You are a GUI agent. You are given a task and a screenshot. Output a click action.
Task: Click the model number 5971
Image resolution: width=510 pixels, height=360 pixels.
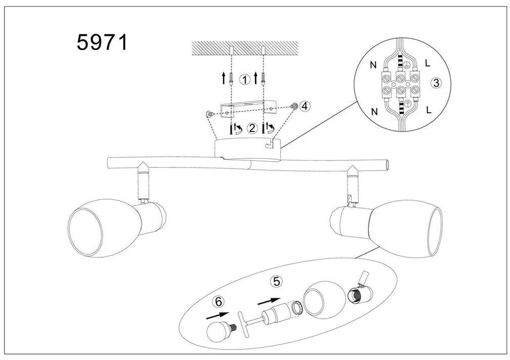pyautogui.click(x=102, y=42)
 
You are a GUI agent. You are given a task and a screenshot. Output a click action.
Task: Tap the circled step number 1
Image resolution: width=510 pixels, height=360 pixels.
pyautogui.click(x=244, y=79)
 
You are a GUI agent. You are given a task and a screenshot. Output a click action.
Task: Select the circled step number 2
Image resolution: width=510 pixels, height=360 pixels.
pyautogui.click(x=252, y=128)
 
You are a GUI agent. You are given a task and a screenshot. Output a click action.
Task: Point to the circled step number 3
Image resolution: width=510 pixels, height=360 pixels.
pyautogui.click(x=436, y=83)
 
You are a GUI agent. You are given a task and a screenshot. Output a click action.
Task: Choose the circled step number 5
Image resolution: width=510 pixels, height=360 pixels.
pyautogui.click(x=276, y=281)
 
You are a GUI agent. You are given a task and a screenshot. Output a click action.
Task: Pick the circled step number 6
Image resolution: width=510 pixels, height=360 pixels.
pyautogui.click(x=219, y=301)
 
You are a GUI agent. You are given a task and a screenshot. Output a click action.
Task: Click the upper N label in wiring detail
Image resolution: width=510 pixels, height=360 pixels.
pyautogui.click(x=373, y=65)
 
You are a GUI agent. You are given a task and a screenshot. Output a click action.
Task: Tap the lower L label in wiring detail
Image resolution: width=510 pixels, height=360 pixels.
pyautogui.click(x=429, y=110)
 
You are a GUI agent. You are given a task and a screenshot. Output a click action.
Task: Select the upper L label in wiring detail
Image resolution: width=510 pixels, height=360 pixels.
pyautogui.click(x=428, y=63)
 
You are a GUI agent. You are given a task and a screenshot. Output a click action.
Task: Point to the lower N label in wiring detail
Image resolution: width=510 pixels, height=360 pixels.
pyautogui.click(x=375, y=112)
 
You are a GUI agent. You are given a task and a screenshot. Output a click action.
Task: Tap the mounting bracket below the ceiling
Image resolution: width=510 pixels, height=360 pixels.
pyautogui.click(x=248, y=109)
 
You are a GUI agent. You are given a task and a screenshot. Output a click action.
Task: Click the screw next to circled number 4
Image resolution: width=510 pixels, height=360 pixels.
pyautogui.click(x=294, y=106)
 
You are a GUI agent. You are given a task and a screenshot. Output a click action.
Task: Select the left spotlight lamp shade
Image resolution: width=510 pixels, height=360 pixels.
pyautogui.click(x=105, y=224)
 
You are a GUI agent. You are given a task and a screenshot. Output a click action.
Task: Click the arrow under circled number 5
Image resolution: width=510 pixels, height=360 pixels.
pyautogui.click(x=269, y=301)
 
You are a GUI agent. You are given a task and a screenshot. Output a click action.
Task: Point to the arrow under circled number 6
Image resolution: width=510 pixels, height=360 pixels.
pyautogui.click(x=217, y=315)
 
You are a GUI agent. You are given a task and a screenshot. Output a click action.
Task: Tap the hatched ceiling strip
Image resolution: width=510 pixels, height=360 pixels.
pyautogui.click(x=245, y=48)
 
